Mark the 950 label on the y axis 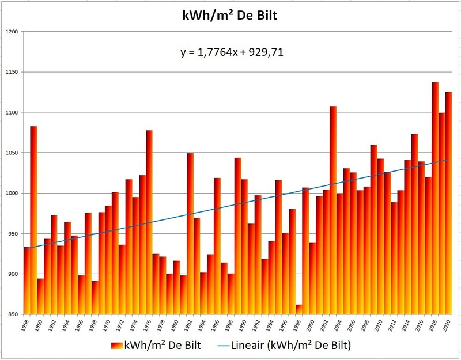(x=12, y=234)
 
